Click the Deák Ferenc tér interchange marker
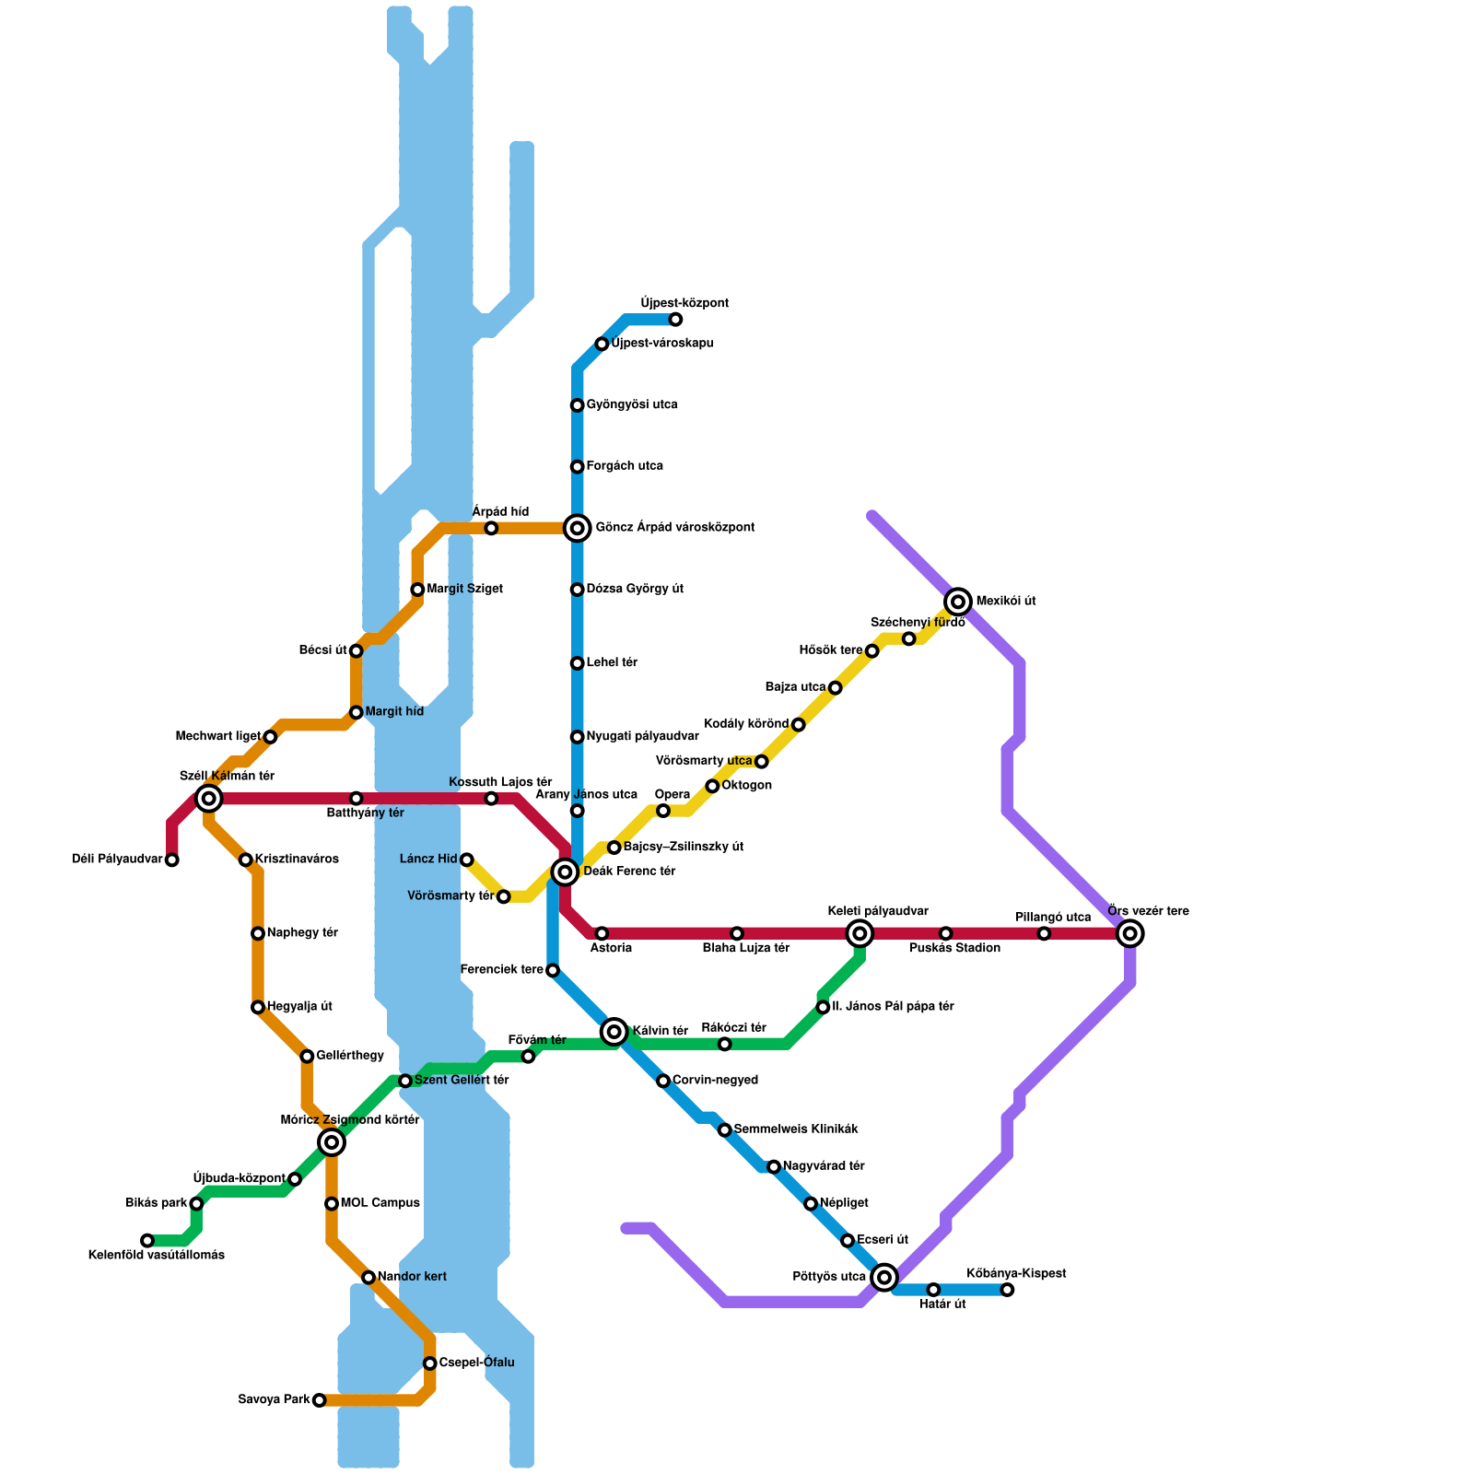click(x=565, y=872)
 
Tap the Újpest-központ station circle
click(x=675, y=320)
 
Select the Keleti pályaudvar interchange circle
click(x=860, y=933)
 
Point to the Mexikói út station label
click(x=1006, y=602)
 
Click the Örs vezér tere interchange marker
click(x=1130, y=933)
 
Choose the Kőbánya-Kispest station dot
click(x=1007, y=1290)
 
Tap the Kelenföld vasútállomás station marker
click(x=147, y=1240)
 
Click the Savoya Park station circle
click(x=319, y=1400)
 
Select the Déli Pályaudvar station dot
click(x=171, y=860)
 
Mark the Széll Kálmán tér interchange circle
click(x=209, y=798)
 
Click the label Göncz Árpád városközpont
click(x=675, y=528)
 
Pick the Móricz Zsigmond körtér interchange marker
click(x=332, y=1142)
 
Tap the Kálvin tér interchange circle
click(x=614, y=1032)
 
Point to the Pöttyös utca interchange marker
click(x=884, y=1277)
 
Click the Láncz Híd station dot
click(x=467, y=860)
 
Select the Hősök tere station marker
click(x=872, y=651)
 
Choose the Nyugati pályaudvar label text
click(x=642, y=737)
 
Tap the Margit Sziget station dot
click(x=417, y=590)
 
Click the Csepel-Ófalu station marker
click(x=429, y=1363)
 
